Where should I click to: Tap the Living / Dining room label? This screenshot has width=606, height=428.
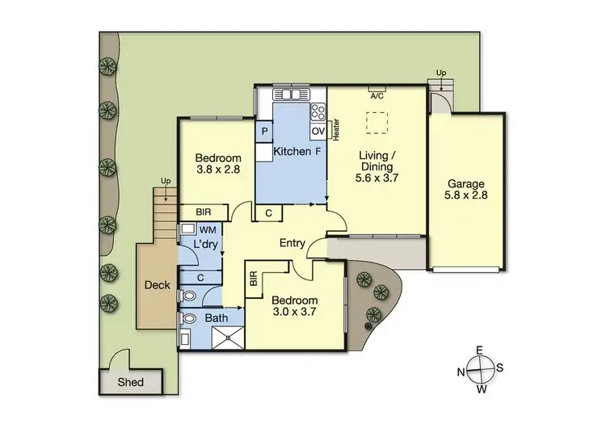click(377, 170)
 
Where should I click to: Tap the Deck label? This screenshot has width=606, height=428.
click(156, 284)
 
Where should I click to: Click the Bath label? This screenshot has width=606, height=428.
click(216, 319)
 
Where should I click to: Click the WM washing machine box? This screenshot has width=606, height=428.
click(208, 230)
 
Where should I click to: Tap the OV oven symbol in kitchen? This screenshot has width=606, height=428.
click(318, 131)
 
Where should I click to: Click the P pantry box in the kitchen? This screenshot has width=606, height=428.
click(264, 131)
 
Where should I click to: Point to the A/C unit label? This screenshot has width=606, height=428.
click(377, 95)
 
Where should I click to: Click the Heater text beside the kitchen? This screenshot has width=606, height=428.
click(335, 129)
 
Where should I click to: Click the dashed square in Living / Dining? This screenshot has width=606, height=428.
click(376, 121)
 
